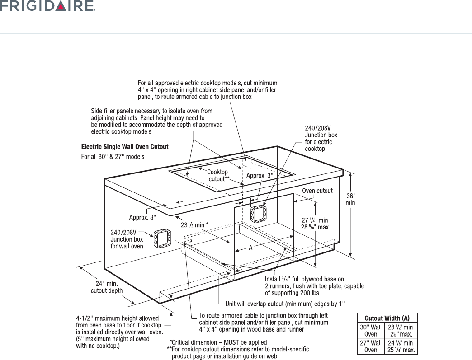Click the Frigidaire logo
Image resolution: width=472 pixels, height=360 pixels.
[x=47, y=7]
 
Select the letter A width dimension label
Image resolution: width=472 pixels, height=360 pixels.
[x=250, y=248]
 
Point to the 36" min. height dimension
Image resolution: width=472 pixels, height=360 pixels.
[x=351, y=200]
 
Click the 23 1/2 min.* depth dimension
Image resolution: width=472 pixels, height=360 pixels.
[x=195, y=224]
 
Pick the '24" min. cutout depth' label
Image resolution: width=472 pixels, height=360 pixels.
[x=107, y=287]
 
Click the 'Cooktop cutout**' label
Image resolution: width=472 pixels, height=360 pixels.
[x=219, y=176]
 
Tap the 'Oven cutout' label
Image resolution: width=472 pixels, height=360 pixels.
[x=317, y=191]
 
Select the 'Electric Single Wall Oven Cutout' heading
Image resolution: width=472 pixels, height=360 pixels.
[x=124, y=147]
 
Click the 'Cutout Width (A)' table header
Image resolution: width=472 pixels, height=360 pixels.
[x=387, y=318]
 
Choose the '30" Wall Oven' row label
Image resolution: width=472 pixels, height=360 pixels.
[x=370, y=330]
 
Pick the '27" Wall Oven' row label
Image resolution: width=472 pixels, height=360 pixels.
[x=370, y=346]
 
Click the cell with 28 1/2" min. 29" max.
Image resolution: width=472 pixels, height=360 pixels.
[x=401, y=330]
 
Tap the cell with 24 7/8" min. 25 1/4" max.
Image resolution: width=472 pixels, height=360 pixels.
[x=401, y=346]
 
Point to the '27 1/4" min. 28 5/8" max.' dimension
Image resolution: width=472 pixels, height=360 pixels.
[x=316, y=223]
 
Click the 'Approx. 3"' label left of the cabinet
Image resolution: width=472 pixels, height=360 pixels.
[x=142, y=217]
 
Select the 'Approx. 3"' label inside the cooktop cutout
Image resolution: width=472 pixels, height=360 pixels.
[x=260, y=176]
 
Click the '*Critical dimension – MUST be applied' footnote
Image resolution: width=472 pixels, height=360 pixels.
[x=218, y=342]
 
